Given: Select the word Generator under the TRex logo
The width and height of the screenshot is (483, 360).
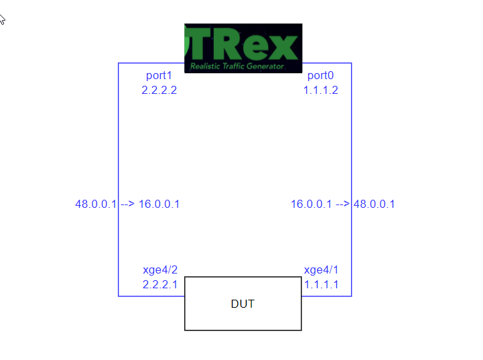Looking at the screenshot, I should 264,66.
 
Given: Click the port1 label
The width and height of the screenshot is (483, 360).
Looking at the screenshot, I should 159,76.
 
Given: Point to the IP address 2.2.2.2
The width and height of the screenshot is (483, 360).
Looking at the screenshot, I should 159,90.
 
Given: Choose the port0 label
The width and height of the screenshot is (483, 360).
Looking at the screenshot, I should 320,76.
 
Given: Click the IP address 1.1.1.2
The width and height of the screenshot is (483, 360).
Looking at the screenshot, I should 321,90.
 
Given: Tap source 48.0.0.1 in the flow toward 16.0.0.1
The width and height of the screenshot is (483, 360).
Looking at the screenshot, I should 96,204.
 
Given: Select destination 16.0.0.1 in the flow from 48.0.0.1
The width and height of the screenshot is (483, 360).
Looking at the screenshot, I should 159,204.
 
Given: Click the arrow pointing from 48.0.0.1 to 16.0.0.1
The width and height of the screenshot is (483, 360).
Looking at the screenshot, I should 127,204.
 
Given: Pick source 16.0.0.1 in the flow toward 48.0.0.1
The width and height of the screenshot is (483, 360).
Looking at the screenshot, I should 311,204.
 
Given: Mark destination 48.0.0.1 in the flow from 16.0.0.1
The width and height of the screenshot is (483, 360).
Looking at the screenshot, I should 374,204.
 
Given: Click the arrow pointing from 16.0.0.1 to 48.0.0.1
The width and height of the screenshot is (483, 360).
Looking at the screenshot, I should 342,204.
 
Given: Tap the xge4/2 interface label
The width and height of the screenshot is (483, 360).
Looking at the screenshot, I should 160,270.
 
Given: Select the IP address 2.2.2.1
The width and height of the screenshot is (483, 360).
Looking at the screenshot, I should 160,284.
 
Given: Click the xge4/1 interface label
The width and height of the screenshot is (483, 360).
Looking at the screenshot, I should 322,270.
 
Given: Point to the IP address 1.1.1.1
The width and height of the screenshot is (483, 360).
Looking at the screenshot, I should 322,284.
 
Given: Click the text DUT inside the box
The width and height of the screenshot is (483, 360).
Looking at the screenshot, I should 243,304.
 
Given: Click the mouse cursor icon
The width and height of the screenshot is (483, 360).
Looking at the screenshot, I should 2,18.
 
